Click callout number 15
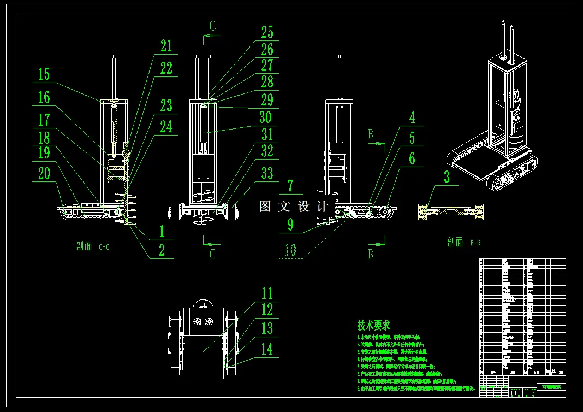click(x=44, y=74)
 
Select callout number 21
click(x=166, y=46)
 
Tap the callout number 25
click(x=267, y=32)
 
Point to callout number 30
click(x=265, y=117)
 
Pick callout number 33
click(x=267, y=173)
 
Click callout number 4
click(x=412, y=116)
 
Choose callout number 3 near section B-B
click(x=447, y=176)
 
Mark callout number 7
click(x=290, y=186)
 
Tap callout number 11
click(x=266, y=293)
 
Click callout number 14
click(x=267, y=349)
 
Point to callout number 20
click(x=44, y=173)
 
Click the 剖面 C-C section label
click(x=93, y=246)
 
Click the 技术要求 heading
click(x=374, y=325)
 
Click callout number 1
click(x=162, y=231)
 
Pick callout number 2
click(x=162, y=250)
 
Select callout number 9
click(x=290, y=224)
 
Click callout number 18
click(x=44, y=137)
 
